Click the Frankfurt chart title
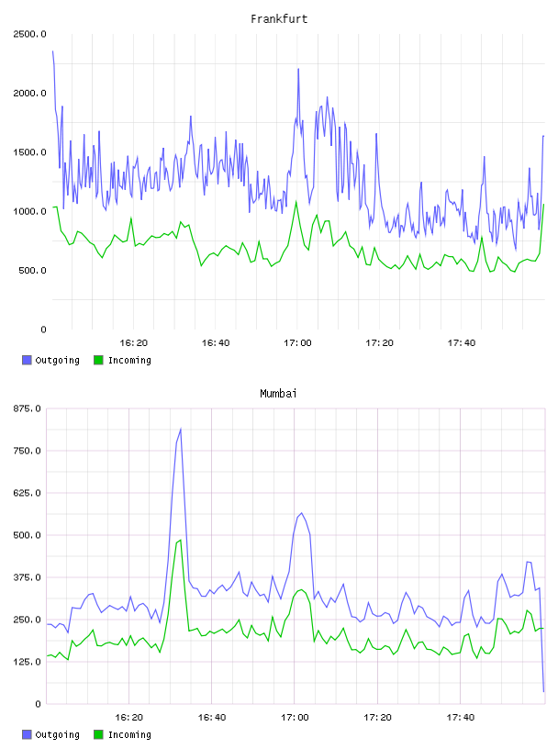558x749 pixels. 279,19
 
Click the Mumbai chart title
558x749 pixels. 278,394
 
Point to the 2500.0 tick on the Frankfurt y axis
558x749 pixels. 29,34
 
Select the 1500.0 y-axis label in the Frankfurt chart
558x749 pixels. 29,152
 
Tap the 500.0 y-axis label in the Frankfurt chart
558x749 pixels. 32,271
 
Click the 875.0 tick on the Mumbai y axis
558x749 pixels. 28,408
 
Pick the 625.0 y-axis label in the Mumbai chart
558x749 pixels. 28,493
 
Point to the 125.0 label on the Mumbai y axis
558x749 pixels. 28,662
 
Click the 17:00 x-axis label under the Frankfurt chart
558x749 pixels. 297,343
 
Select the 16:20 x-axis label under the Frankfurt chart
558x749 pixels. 133,343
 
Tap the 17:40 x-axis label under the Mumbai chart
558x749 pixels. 461,718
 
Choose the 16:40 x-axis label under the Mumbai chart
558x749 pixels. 212,718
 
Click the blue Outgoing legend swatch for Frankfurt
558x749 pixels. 27,360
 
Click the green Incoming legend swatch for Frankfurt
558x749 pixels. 98,360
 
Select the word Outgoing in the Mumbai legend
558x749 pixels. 57,734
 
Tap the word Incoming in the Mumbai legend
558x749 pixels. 129,734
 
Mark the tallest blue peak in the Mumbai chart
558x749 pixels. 181,429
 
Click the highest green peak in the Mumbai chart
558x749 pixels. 180,541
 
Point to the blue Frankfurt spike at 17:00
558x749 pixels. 298,69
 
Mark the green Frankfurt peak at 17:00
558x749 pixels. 296,202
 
